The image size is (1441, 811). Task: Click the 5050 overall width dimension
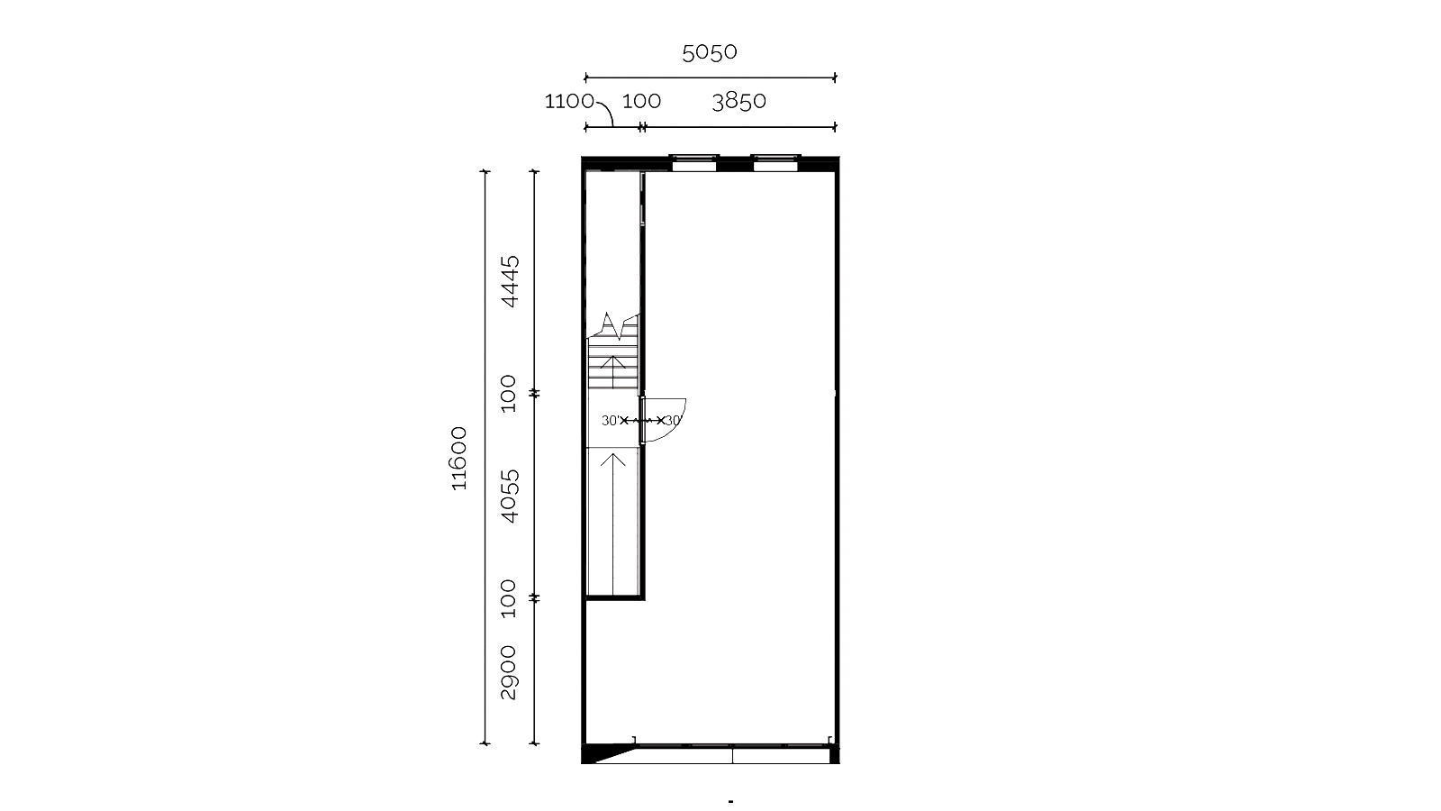tap(710, 52)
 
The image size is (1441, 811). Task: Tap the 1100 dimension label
tap(569, 101)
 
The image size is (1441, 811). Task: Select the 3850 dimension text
tap(739, 101)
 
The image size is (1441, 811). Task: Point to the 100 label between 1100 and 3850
tap(641, 101)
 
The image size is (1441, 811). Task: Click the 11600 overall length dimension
tap(458, 459)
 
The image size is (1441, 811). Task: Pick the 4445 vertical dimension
tap(510, 281)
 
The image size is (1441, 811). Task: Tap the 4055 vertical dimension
tap(510, 496)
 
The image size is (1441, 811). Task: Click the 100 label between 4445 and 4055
tap(508, 393)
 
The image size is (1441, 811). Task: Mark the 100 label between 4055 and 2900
tap(508, 598)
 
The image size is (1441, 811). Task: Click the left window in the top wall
tap(694, 163)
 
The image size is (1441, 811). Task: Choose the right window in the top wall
tap(775, 163)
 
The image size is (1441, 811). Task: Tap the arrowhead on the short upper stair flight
tap(613, 360)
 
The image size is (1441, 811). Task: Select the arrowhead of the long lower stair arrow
tap(613, 459)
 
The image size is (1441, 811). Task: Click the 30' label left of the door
tap(611, 420)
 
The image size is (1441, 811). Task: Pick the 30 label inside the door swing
tap(673, 420)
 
